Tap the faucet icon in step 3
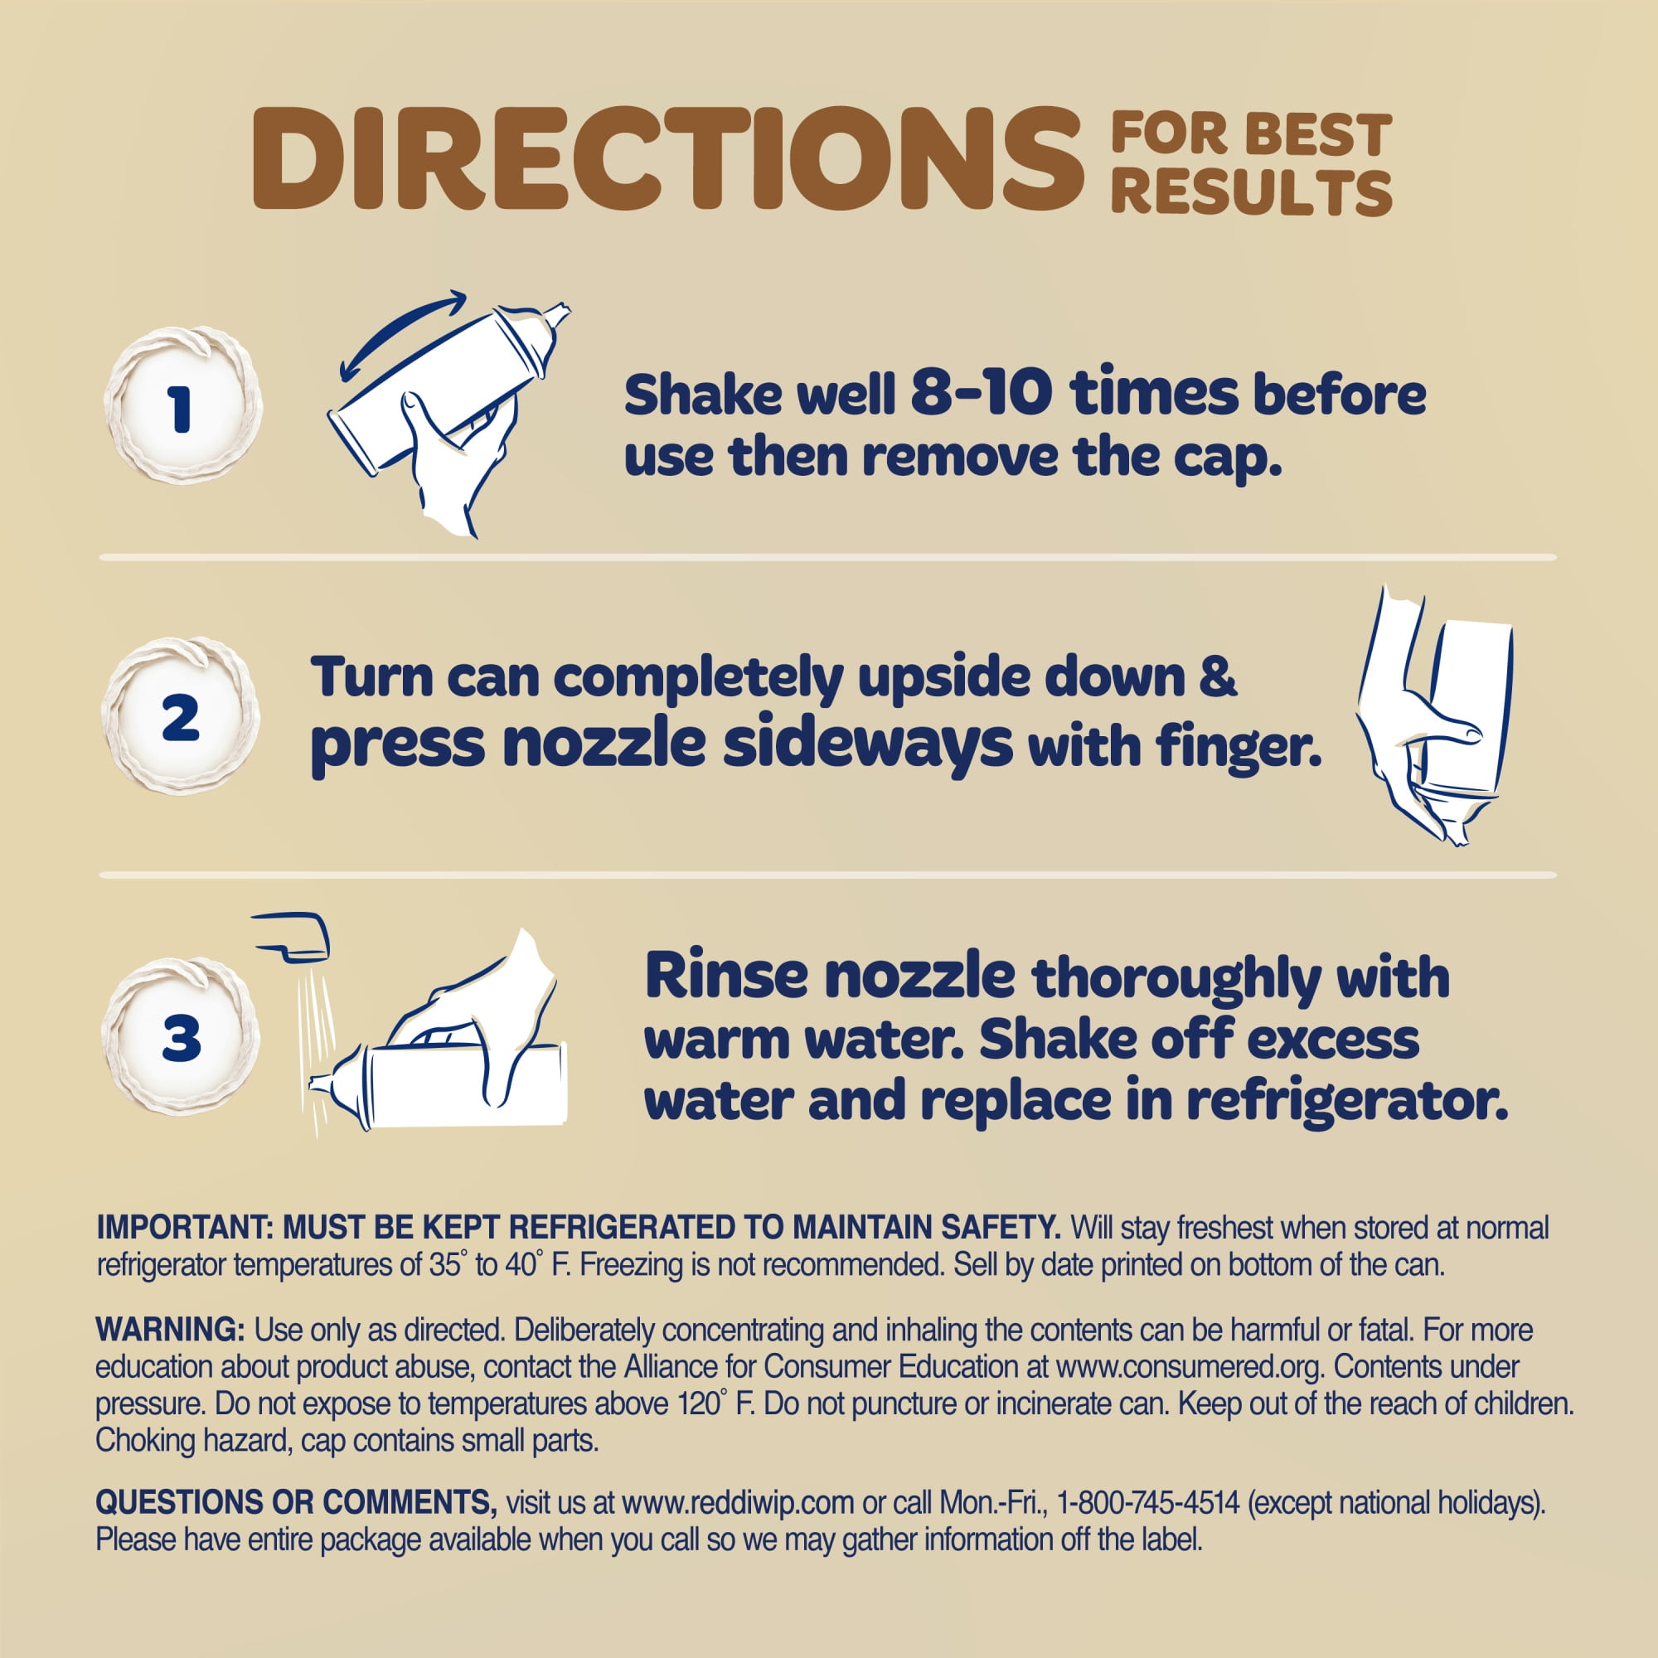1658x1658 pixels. click(291, 935)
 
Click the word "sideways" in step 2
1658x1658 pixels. click(868, 745)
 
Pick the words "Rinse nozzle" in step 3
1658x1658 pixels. click(830, 976)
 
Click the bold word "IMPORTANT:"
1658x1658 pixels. click(184, 1228)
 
